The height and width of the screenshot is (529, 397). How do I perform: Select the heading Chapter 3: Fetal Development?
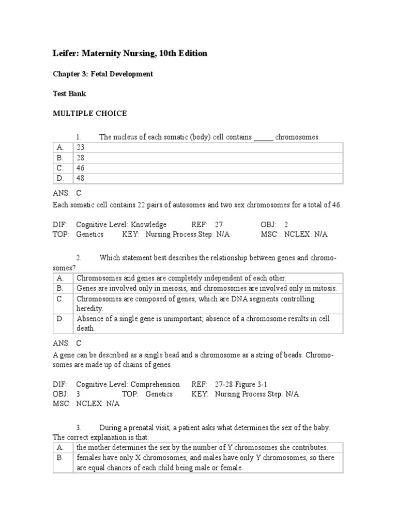tap(103, 74)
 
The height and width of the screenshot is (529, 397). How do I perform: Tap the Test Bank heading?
tap(69, 94)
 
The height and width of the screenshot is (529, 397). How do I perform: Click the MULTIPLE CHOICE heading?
tap(89, 114)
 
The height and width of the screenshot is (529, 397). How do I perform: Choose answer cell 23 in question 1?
tap(80, 148)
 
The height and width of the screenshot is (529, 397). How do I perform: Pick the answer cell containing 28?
tap(80, 158)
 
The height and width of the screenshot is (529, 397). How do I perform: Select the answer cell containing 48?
tap(80, 179)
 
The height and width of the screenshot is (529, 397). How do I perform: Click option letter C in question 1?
tap(60, 168)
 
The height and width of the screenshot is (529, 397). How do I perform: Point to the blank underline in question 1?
tap(264, 138)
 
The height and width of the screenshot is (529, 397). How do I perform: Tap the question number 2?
tap(79, 258)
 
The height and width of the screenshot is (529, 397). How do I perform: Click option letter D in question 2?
tap(60, 319)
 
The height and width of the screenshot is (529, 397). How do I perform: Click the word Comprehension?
tap(155, 384)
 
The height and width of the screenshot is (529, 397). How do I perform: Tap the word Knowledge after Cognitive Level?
tap(148, 225)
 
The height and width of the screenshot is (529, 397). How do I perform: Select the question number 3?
tap(79, 428)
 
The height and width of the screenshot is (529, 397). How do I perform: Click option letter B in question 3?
tap(60, 458)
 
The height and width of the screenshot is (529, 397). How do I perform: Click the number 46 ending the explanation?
tap(336, 205)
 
